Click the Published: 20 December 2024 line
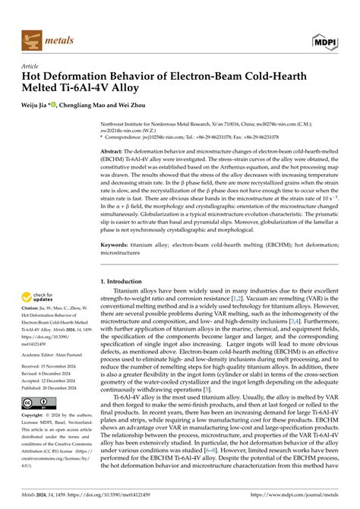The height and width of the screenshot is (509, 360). tap(55, 387)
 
